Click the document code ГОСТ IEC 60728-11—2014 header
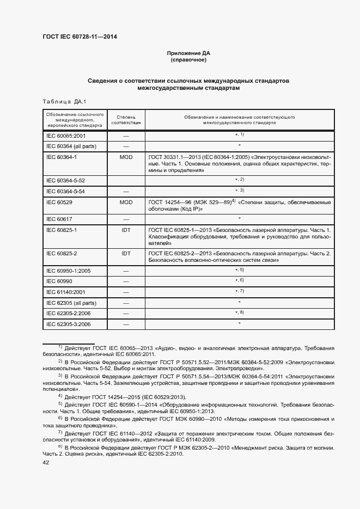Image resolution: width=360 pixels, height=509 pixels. [x=80, y=37]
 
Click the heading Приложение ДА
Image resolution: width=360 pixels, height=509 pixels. [x=188, y=53]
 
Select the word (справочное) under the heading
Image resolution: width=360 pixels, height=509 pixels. [x=188, y=60]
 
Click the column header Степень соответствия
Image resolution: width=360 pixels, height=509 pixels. [x=126, y=120]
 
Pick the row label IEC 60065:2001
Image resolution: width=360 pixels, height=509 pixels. [x=66, y=135]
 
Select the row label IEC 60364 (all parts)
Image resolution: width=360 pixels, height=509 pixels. [x=71, y=146]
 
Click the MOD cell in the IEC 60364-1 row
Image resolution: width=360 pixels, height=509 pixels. [x=126, y=157]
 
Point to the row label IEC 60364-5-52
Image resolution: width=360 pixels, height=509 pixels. [x=66, y=180]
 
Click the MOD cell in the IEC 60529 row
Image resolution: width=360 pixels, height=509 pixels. [x=126, y=201]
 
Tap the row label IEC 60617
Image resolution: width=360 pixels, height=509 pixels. [x=59, y=219]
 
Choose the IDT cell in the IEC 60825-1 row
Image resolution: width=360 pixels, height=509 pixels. [x=126, y=230]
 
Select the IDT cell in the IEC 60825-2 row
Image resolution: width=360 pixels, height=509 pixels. [x=126, y=253]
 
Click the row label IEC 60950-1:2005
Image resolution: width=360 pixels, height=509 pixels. [x=68, y=271]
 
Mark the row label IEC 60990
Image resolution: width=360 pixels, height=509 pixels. [x=59, y=281]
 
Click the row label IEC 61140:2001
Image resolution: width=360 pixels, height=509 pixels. [x=66, y=292]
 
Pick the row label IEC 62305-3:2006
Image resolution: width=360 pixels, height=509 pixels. [x=68, y=324]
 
